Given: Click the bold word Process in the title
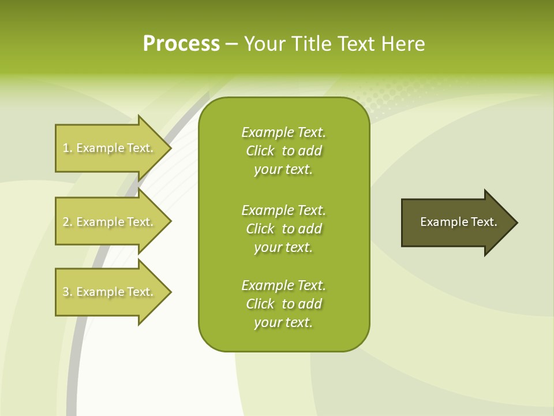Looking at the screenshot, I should [x=181, y=44].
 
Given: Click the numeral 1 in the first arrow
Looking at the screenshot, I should [x=66, y=148].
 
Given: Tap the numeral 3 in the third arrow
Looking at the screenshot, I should [x=66, y=292].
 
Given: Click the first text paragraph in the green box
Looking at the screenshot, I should [x=283, y=151].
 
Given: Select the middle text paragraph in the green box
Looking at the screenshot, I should [x=283, y=228].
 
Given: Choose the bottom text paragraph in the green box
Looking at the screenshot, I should [x=283, y=304].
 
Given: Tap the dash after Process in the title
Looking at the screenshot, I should [x=231, y=44].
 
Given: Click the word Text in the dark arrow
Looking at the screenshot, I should [x=484, y=222].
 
